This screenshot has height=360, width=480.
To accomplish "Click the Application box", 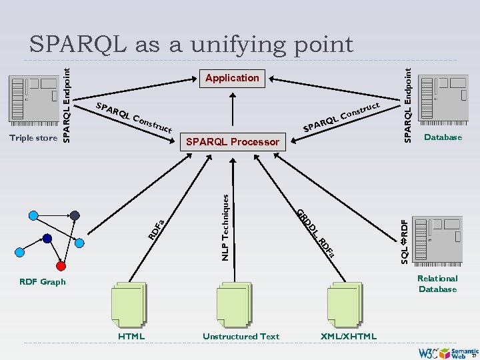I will [232, 78].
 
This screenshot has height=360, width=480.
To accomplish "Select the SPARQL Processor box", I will [233, 141].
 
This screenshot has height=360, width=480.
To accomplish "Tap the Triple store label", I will [33, 138].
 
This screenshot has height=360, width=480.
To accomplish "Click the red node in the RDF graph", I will [61, 266].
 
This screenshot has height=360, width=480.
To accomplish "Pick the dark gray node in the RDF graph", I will [75, 215].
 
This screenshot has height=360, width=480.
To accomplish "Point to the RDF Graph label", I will [43, 282].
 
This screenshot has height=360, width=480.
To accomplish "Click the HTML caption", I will [131, 336].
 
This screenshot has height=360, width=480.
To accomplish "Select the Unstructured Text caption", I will [241, 336].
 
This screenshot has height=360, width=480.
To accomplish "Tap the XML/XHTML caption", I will [349, 336].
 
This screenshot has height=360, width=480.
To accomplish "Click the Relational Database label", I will [437, 283].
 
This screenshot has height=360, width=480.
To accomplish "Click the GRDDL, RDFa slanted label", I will [315, 232].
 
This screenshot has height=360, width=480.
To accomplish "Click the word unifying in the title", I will [225, 44].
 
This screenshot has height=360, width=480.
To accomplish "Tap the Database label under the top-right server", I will [443, 137].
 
